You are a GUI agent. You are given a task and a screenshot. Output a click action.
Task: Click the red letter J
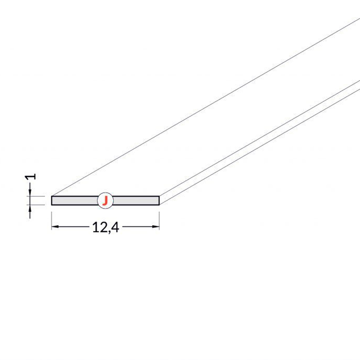105,201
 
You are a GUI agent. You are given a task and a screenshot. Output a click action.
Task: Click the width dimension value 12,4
106,228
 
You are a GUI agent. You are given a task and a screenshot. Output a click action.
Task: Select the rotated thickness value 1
30,177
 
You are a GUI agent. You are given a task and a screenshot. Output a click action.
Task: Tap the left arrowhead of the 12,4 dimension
55,227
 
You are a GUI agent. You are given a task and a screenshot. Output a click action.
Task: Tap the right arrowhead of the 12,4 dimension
156,227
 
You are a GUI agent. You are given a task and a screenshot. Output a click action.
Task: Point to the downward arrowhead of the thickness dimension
30,193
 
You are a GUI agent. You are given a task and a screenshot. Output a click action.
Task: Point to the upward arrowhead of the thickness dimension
30,208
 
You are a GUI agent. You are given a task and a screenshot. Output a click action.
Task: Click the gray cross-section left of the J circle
74,200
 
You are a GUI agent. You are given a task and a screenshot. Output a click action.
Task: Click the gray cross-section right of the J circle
136,200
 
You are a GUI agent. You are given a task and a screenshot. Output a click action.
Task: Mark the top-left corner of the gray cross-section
52,196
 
